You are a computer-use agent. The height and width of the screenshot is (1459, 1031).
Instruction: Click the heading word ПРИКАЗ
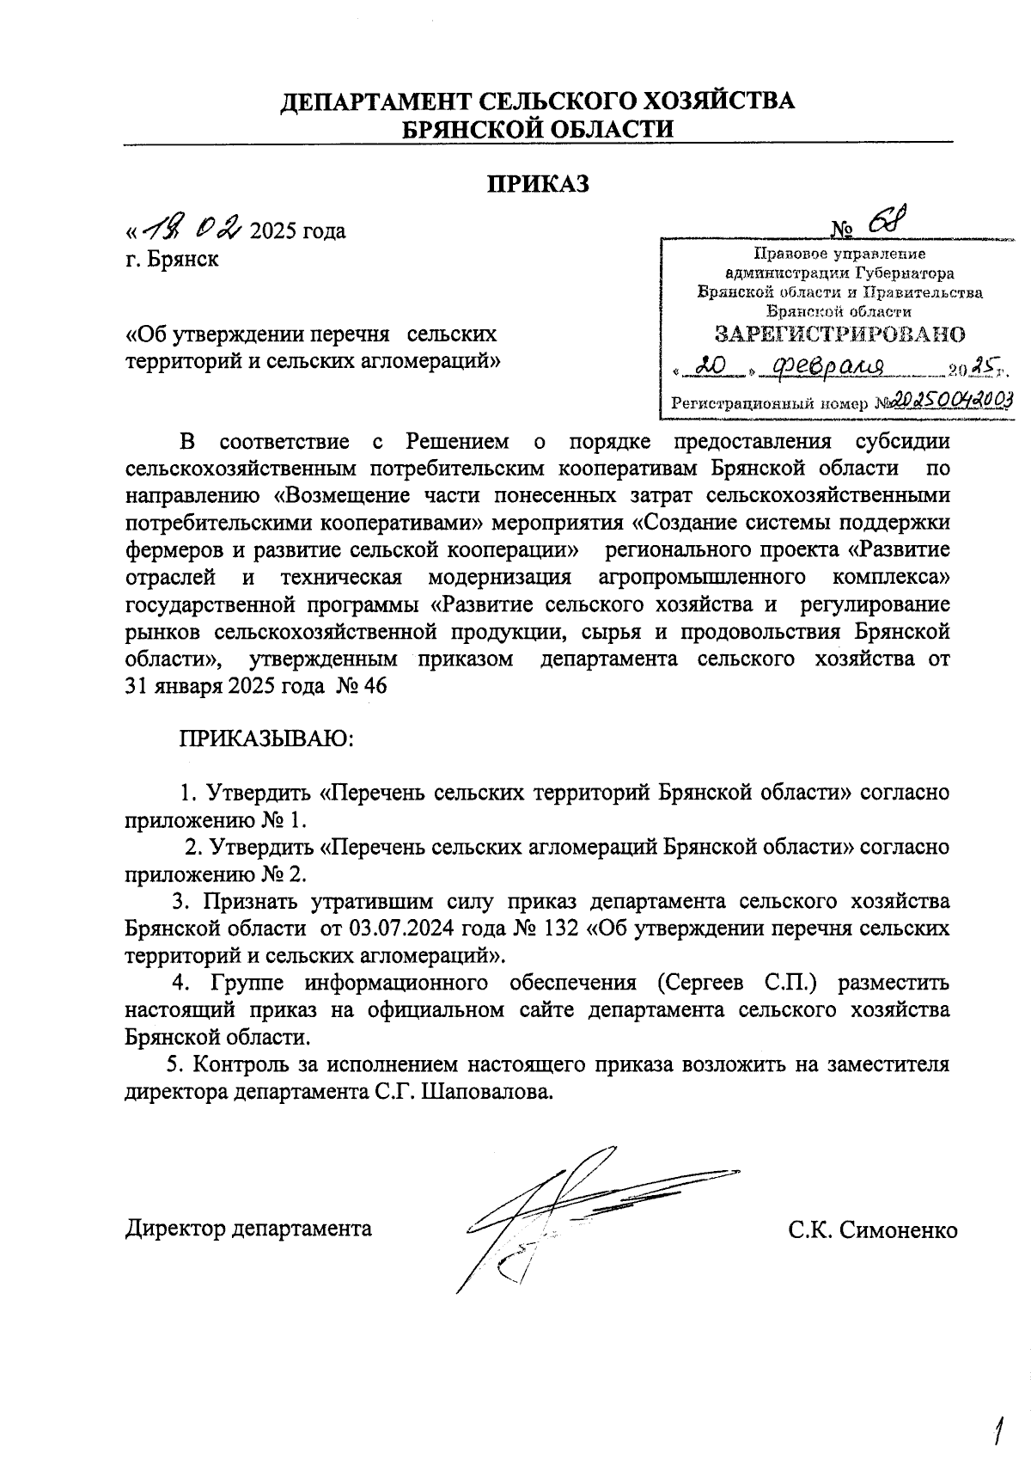(539, 184)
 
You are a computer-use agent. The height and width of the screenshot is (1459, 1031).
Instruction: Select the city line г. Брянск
(172, 259)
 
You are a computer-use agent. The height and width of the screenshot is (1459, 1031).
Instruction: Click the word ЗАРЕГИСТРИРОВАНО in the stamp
(840, 334)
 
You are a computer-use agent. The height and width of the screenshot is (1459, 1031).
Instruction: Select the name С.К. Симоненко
(873, 1229)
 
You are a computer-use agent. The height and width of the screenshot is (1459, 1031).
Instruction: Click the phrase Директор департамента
(249, 1228)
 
